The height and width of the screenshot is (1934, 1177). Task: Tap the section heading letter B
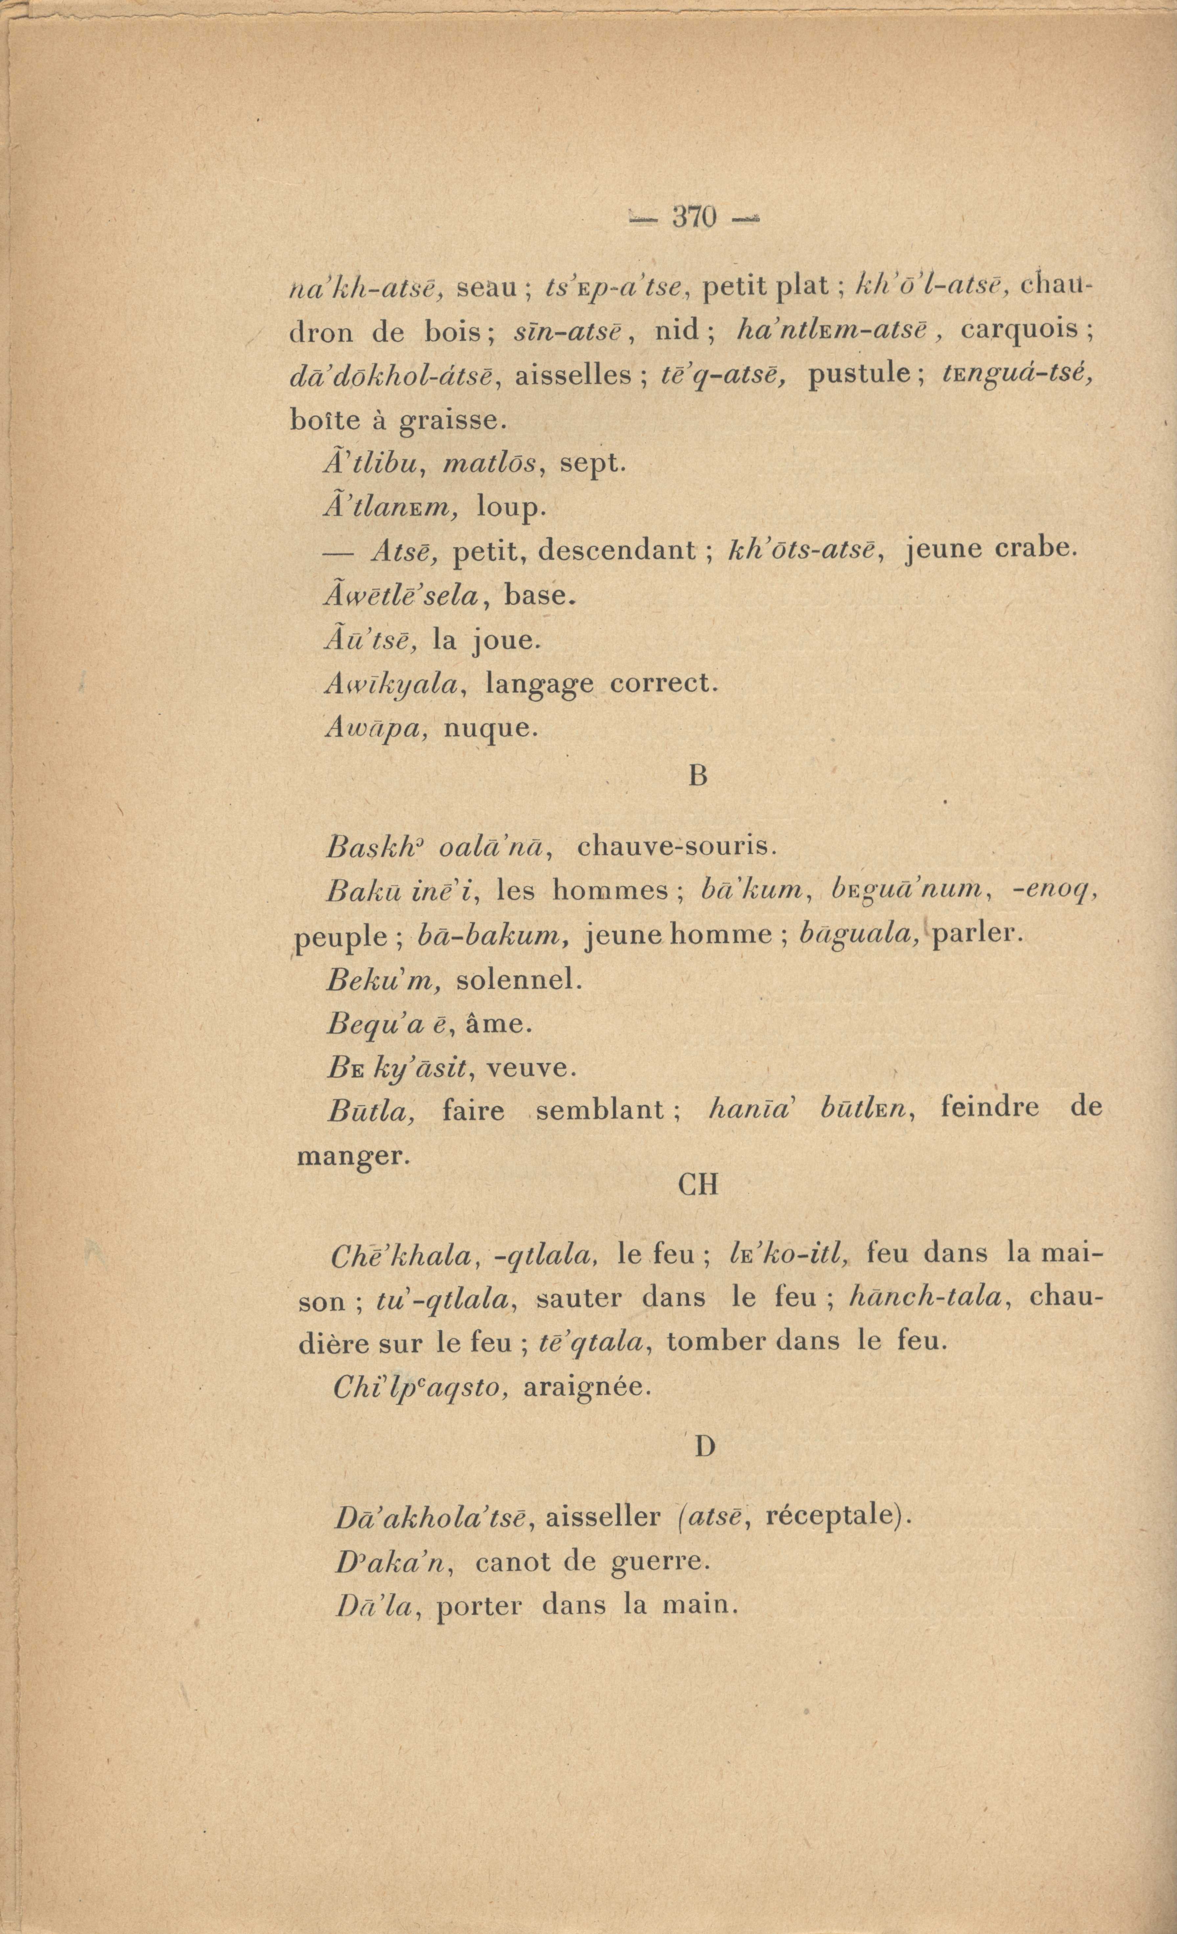[x=697, y=776]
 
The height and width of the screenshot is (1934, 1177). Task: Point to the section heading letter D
[x=704, y=1446]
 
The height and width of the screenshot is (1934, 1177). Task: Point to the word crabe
[x=1034, y=549]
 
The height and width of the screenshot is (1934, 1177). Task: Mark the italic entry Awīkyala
[x=390, y=685]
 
